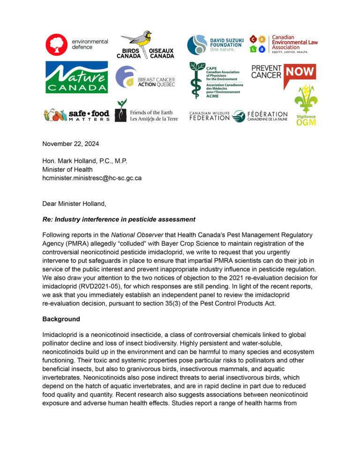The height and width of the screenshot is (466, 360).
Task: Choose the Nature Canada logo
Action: click(x=75, y=77)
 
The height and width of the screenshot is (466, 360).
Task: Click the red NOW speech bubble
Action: click(x=300, y=72)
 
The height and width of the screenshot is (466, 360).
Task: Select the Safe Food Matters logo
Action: click(x=76, y=115)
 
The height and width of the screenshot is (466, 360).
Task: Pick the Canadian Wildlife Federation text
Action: click(x=210, y=115)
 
